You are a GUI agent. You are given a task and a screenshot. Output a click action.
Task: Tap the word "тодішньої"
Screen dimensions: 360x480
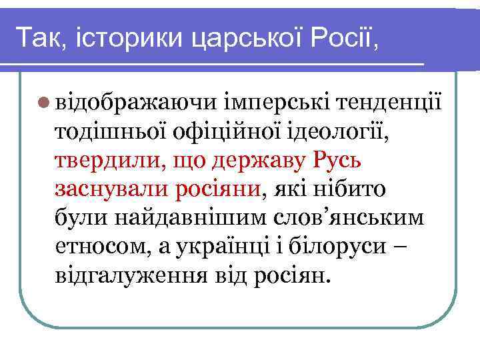click(x=109, y=132)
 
